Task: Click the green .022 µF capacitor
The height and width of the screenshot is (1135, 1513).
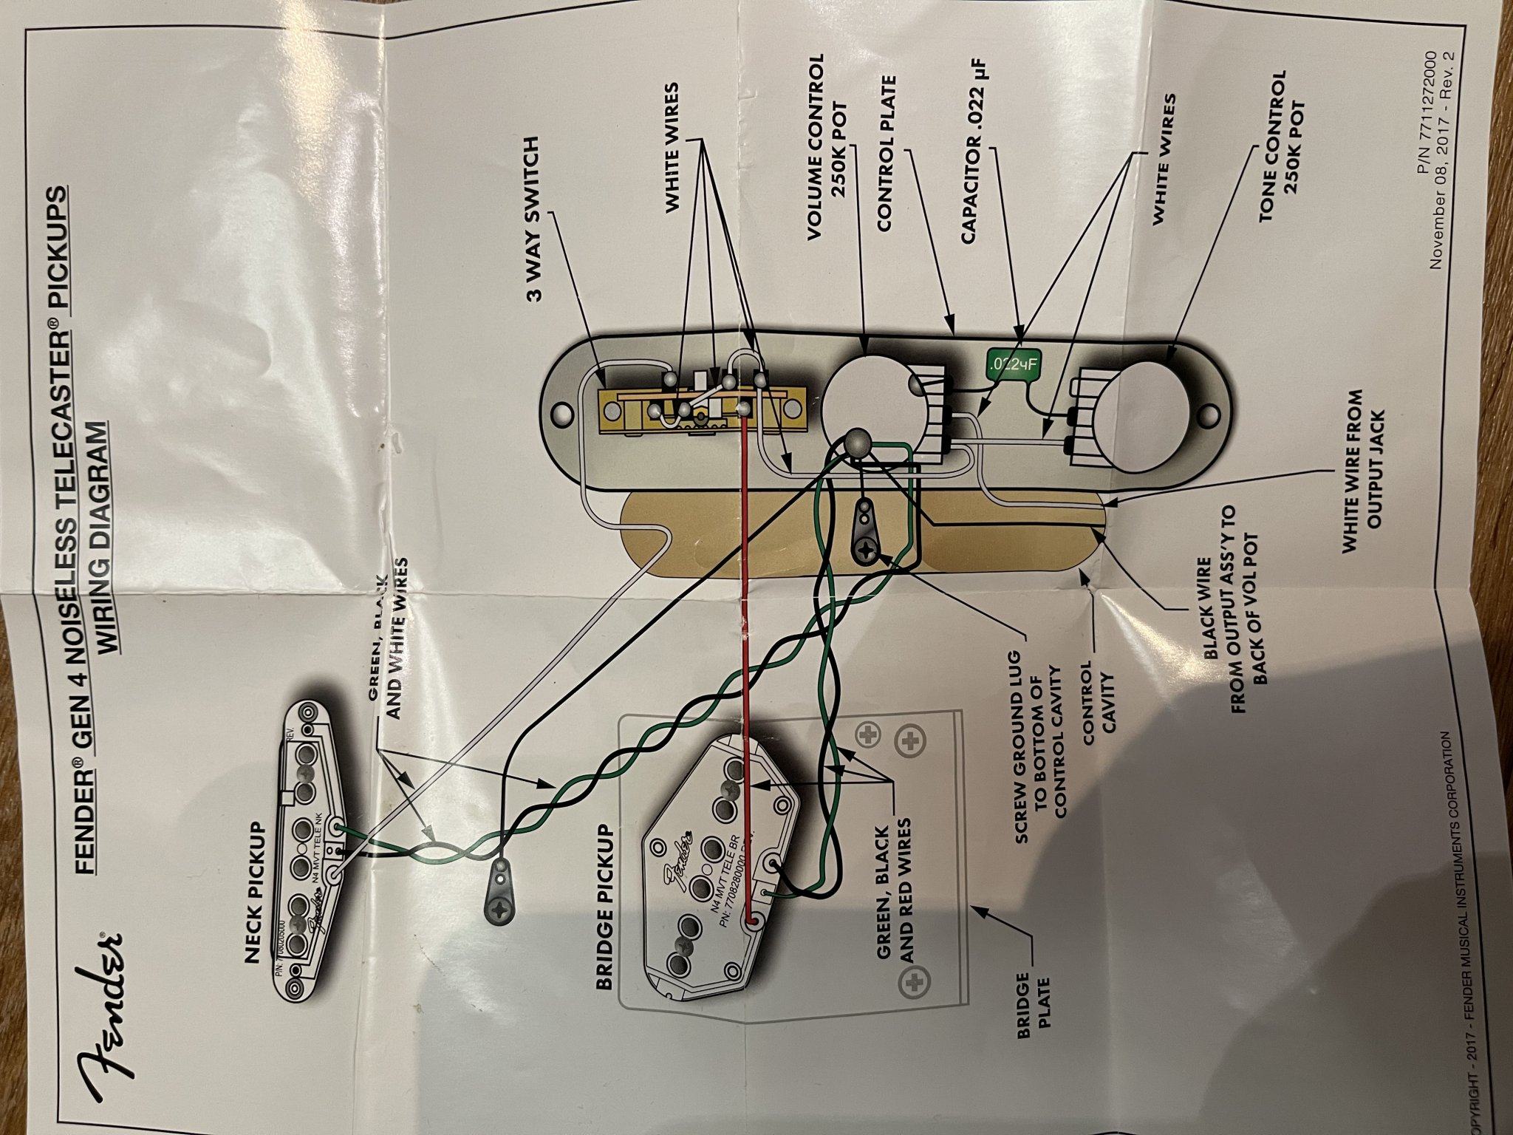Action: click(x=1011, y=364)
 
